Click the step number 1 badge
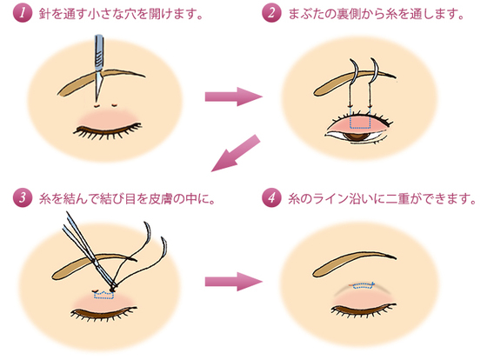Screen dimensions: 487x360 click(23, 13)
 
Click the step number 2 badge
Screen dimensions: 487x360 click(271, 13)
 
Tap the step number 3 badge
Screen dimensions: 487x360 click(23, 198)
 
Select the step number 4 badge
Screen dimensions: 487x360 click(271, 198)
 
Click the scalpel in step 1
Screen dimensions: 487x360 click(99, 69)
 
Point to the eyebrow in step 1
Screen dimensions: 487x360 click(101, 82)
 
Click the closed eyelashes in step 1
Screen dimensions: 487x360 click(107, 130)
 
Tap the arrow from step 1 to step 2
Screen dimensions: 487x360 click(234, 97)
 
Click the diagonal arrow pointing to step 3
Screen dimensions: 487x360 click(236, 153)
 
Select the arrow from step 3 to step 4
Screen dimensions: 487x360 click(234, 282)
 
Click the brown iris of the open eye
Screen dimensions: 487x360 click(357, 136)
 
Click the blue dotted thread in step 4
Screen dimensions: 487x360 click(364, 285)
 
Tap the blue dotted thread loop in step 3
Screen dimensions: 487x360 click(103, 295)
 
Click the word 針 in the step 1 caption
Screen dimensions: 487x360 click(45, 14)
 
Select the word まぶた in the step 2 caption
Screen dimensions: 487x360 click(306, 14)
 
